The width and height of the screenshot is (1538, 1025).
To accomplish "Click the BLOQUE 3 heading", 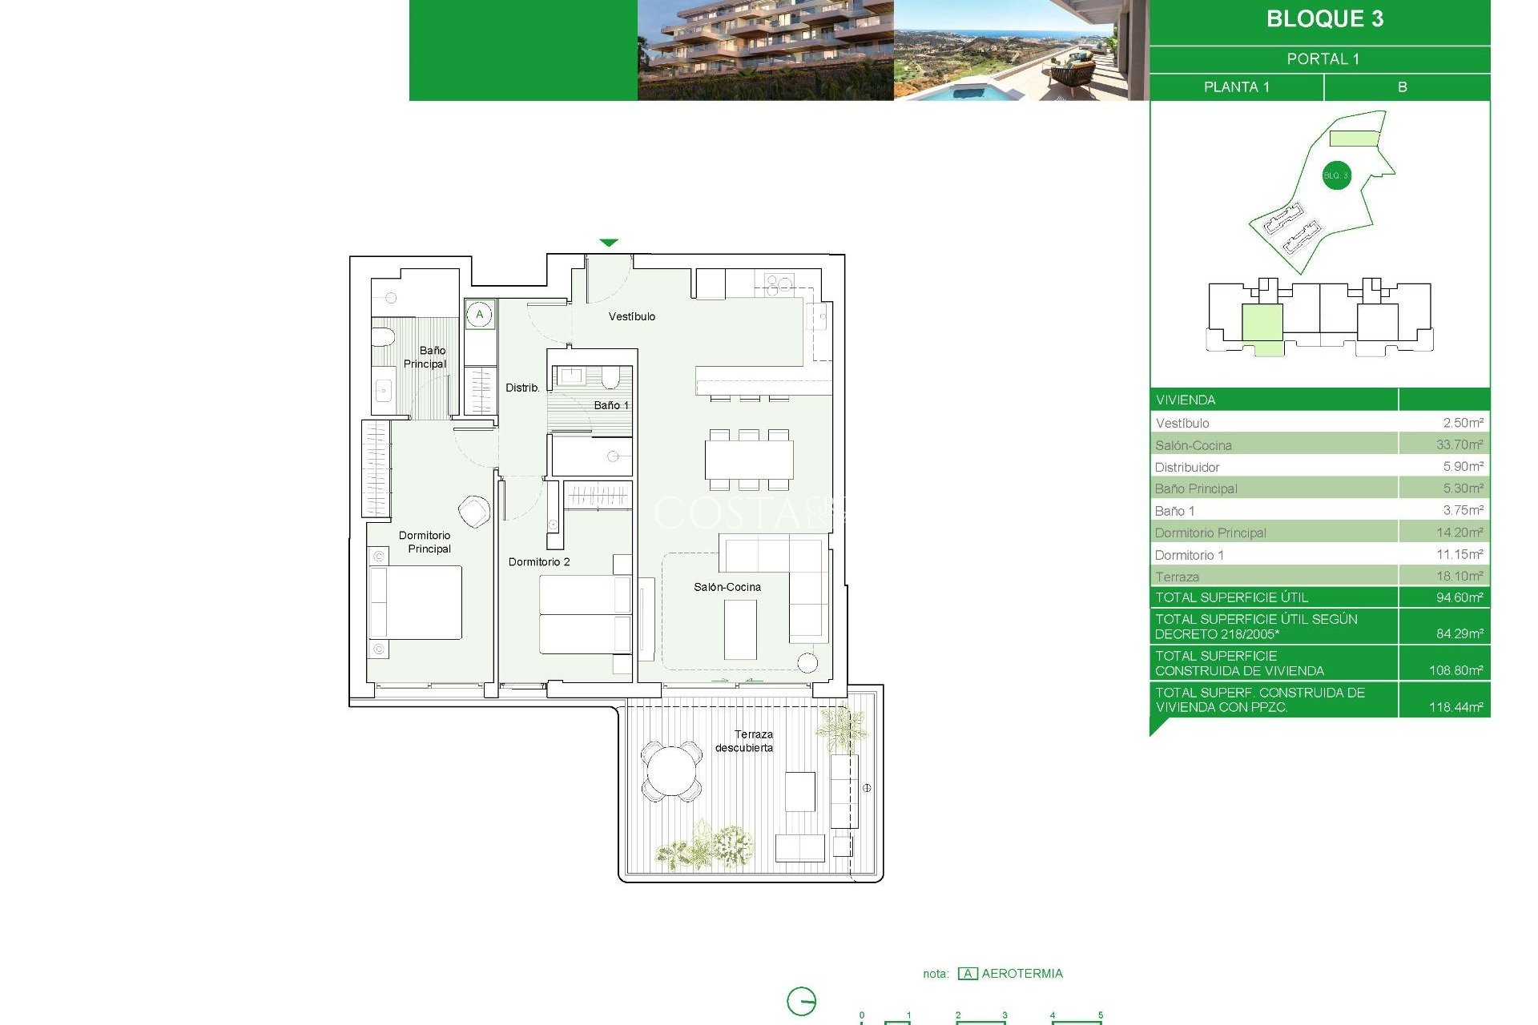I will point(1324,19).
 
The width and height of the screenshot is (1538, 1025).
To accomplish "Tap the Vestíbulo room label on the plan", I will point(631,316).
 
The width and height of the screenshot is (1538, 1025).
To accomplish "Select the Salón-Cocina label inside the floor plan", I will point(727,587).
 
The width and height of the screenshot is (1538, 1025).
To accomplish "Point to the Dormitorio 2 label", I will point(539,561).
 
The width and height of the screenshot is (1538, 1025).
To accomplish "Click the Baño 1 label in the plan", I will point(611,405).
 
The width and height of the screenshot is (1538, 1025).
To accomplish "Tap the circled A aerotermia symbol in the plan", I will point(480,314).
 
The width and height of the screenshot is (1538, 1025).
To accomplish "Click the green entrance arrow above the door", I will point(609,243).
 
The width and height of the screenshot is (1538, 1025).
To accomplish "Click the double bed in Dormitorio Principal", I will point(415,602).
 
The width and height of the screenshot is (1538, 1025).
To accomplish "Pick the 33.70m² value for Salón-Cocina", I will point(1459,444).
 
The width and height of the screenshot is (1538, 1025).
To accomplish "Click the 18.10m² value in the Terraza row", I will point(1459,576).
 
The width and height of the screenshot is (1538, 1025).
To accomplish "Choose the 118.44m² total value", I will point(1455,707).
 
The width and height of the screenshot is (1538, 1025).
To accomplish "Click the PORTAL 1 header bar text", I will point(1323,59).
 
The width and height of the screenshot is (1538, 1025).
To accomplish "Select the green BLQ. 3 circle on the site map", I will point(1336,175).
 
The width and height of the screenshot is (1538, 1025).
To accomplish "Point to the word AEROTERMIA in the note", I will point(1022,974).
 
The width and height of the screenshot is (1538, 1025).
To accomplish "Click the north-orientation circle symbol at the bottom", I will point(801,1001).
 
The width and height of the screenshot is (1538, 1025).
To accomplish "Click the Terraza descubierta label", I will point(744,741).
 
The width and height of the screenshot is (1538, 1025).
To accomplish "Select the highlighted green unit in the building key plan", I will point(1262,324).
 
